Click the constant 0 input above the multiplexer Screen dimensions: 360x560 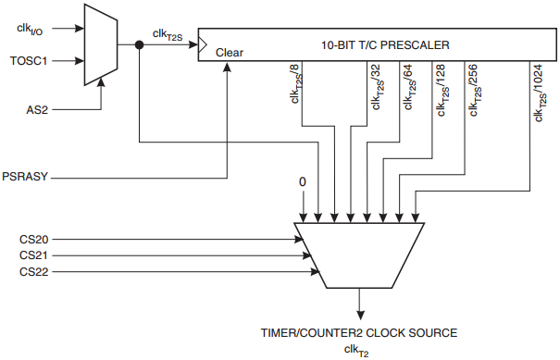tap(302, 182)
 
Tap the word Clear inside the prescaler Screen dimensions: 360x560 tap(229, 53)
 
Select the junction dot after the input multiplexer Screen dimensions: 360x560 tap(138, 43)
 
